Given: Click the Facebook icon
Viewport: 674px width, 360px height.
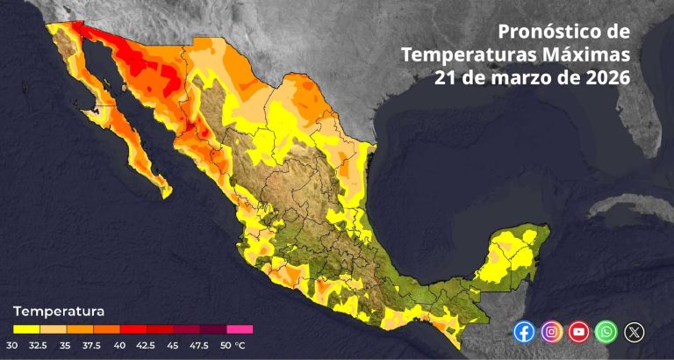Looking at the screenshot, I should pos(524,332).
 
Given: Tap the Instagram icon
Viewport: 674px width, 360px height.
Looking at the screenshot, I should pos(551,332).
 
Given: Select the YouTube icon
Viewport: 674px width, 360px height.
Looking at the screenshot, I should pos(578,332).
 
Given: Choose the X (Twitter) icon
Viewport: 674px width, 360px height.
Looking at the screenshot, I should pos(634,332).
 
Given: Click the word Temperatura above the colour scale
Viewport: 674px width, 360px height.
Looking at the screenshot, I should pos(59,311).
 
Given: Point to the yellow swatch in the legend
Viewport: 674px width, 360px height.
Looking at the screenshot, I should pos(25,329).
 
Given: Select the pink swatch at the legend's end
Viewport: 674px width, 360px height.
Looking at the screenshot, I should pos(240,329).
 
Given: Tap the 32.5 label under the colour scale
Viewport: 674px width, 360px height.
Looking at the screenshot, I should pos(39,345).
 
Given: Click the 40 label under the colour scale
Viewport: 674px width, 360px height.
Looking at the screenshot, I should pos(119,345).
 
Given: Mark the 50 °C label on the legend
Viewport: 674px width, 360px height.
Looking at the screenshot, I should pos(234,345).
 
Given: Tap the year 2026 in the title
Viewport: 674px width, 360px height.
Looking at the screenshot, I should pos(607,77).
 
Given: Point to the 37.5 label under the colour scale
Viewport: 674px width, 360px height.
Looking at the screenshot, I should pos(93,345).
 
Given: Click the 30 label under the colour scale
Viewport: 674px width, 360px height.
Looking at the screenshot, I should pos(11,345).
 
